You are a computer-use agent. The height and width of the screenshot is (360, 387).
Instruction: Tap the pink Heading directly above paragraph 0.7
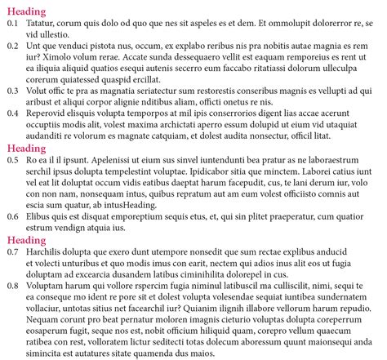click(x=26, y=241)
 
